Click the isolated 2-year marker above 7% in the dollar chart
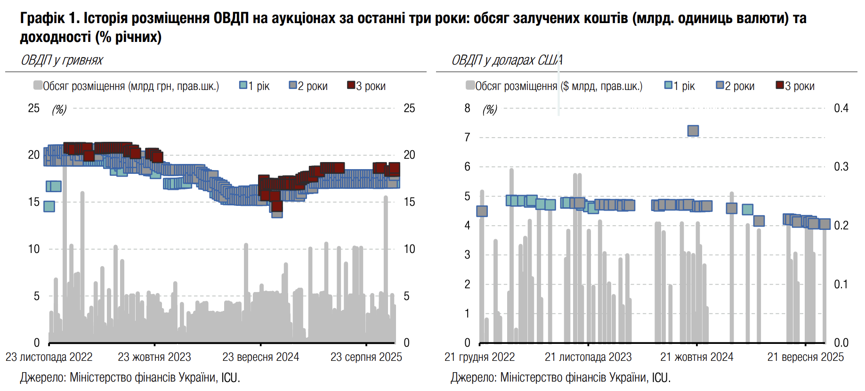click(693, 130)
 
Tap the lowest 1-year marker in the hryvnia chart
click(49, 206)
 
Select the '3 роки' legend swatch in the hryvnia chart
click(351, 85)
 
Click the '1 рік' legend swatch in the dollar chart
click(668, 85)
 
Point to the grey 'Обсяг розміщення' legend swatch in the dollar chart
click(470, 85)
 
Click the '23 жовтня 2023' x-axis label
click(154, 357)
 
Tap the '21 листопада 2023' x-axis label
click(588, 357)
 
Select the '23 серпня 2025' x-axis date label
click(366, 357)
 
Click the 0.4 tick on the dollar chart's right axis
click(841, 108)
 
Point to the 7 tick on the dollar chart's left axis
click(467, 138)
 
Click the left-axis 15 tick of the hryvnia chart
click(34, 202)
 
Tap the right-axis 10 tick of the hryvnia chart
click(409, 249)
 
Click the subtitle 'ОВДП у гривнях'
click(62, 60)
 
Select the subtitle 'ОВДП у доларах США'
click(507, 60)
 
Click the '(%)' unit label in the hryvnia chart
click(59, 109)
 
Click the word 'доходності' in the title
click(55, 37)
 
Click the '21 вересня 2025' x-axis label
click(805, 357)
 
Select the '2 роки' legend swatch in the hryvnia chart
click(293, 85)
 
